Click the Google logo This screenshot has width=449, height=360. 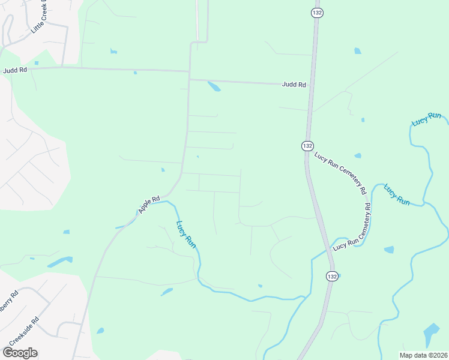(20, 353)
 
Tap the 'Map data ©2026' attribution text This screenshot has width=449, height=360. (423, 355)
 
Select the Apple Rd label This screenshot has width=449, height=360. (148, 205)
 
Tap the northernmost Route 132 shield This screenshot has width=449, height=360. (316, 13)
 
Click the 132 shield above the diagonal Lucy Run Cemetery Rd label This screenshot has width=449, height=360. (307, 146)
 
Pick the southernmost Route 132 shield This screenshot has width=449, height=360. (333, 276)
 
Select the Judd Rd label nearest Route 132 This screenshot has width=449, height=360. (294, 85)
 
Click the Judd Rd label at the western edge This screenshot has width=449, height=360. (15, 70)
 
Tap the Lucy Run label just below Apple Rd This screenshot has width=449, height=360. (185, 235)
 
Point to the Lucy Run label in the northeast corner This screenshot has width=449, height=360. (427, 119)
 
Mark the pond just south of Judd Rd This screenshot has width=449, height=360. (214, 86)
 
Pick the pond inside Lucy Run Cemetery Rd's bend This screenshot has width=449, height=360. (389, 250)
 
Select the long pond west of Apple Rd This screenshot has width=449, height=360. (59, 262)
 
